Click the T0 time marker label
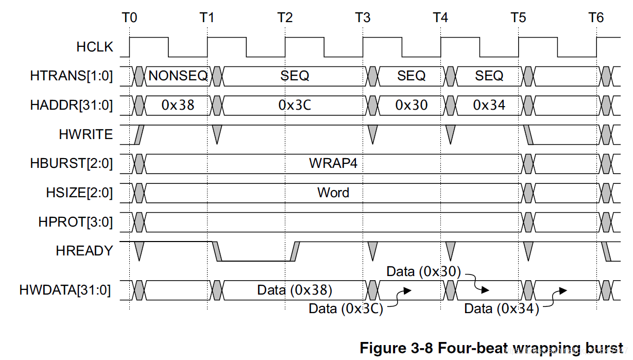(130, 18)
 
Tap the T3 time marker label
(363, 18)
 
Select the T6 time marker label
(596, 18)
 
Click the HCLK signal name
(94, 47)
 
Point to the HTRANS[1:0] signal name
(72, 76)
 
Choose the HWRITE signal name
(85, 134)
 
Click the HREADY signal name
(84, 251)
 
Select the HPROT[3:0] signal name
(75, 222)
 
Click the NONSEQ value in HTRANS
(178, 76)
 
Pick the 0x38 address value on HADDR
(178, 105)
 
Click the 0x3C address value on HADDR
(295, 105)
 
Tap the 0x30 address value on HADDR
(412, 105)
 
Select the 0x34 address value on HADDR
(489, 105)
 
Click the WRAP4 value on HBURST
(333, 163)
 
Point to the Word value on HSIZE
(333, 193)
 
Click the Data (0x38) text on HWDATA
(295, 290)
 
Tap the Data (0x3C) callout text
(346, 309)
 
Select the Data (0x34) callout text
(501, 309)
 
